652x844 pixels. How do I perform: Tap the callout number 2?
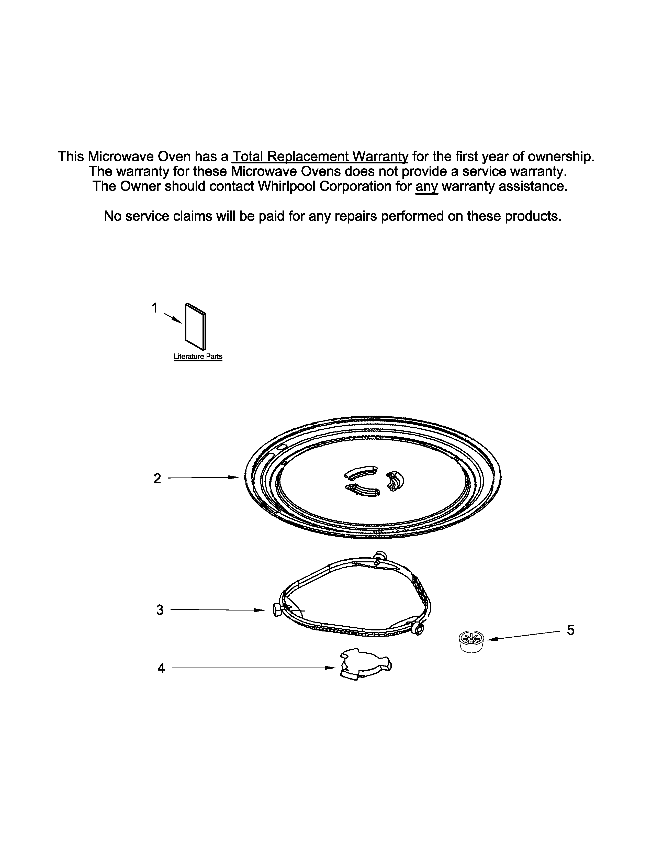click(x=157, y=479)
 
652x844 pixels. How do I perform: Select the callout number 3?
click(x=160, y=610)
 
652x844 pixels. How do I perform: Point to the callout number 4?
click(x=161, y=668)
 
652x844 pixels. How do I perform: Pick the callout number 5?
click(x=570, y=630)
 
